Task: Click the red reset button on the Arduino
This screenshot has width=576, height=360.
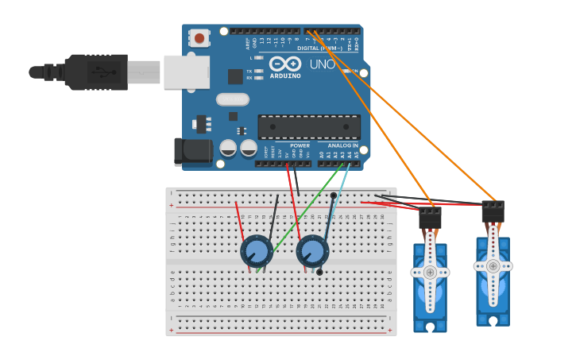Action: click(x=199, y=37)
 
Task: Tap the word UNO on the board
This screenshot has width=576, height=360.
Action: click(x=322, y=64)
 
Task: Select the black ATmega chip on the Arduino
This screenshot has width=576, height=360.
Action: click(x=308, y=126)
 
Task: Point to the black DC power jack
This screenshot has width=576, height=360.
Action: click(x=193, y=152)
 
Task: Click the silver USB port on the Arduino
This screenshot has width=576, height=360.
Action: click(x=187, y=72)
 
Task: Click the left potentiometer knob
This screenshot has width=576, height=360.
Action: click(x=256, y=252)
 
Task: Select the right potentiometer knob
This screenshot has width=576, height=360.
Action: click(x=312, y=252)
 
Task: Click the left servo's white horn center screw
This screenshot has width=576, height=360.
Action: click(x=430, y=272)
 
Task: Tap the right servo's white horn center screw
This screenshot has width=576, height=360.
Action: click(x=493, y=266)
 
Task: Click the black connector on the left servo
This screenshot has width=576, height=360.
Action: click(x=430, y=217)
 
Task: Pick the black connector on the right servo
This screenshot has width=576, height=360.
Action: click(x=493, y=211)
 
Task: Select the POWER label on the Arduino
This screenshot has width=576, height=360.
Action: click(x=300, y=145)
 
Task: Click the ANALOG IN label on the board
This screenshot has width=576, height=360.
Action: click(x=342, y=145)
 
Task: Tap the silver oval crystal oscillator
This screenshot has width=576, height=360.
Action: click(x=232, y=99)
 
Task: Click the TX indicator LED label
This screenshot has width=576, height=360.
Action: click(x=249, y=71)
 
